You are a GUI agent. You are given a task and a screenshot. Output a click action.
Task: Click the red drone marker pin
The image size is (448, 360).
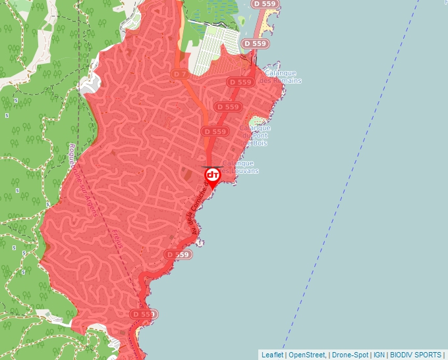[213, 176]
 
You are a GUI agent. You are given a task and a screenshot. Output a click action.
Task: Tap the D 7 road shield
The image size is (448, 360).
[179, 74]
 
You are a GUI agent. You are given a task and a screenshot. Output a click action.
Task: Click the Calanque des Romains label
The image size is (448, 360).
[283, 76]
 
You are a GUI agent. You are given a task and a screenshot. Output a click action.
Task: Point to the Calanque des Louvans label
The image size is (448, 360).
[240, 167]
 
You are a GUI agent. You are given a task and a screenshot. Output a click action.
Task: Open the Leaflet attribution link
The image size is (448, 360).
[272, 355]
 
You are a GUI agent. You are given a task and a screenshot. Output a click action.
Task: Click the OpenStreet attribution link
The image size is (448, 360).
[307, 355]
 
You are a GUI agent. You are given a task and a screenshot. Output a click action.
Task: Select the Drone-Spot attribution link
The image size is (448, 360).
[350, 355]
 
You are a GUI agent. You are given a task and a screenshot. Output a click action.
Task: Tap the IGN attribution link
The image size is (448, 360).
[379, 355]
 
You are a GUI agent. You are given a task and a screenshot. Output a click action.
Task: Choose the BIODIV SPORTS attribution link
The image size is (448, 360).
[416, 355]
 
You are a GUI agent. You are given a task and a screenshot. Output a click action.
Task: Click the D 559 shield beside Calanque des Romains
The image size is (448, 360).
[240, 82]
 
